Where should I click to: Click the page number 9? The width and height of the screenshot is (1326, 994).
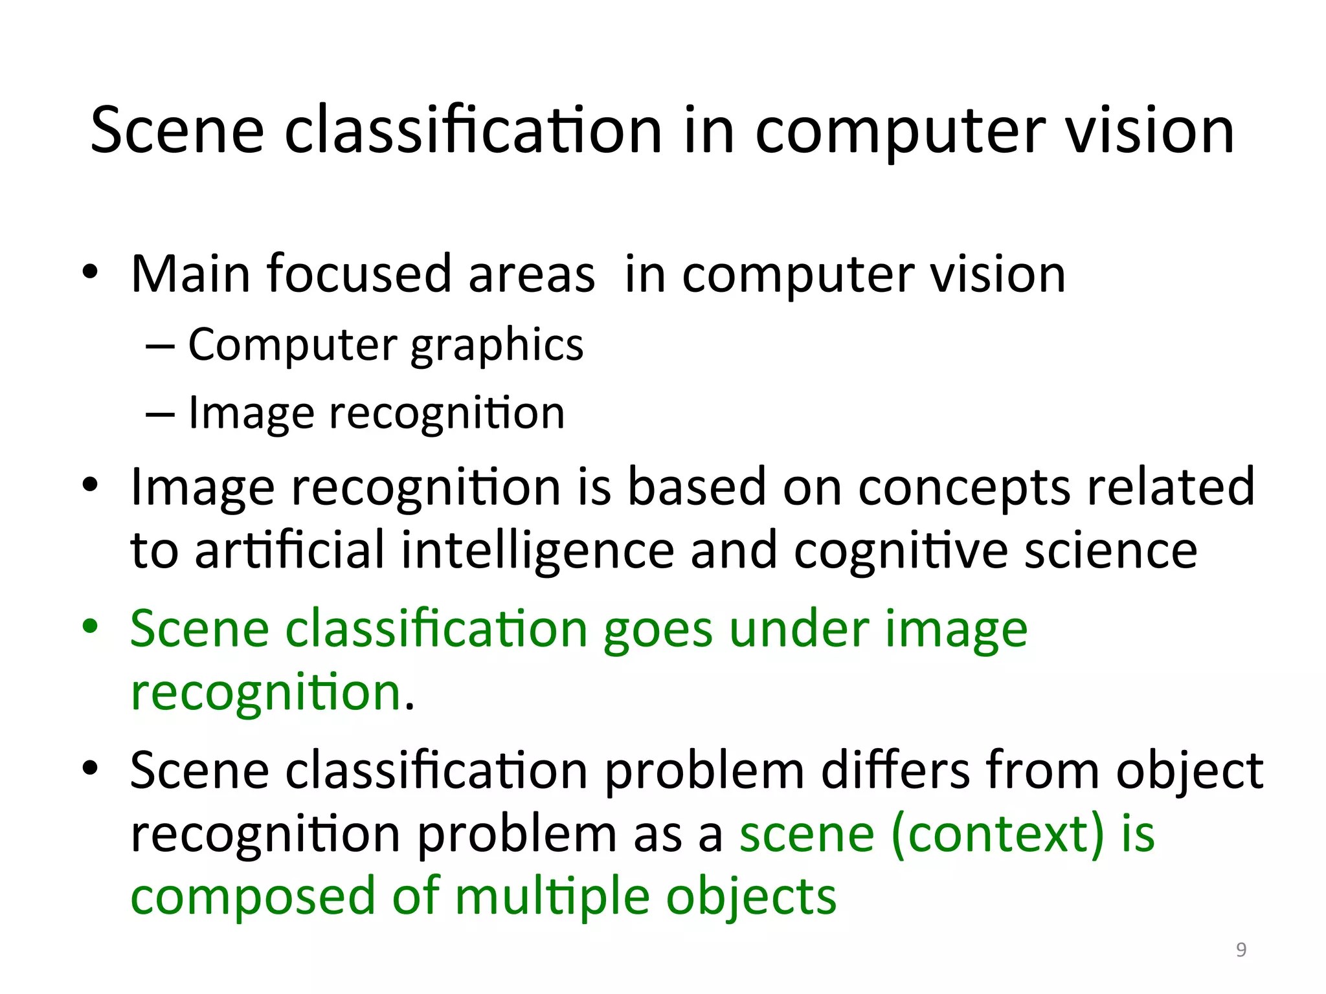(x=1241, y=949)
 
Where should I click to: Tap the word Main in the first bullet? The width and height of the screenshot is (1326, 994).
(x=190, y=274)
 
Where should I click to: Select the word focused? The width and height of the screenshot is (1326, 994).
(x=359, y=274)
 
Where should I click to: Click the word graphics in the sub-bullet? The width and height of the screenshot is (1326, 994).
(x=497, y=346)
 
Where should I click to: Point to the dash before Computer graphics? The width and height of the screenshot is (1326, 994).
(x=160, y=346)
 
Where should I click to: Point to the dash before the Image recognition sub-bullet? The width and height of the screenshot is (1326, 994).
(x=160, y=414)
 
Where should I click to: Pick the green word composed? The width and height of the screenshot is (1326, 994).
(x=253, y=898)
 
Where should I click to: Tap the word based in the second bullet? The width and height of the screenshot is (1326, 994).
(x=697, y=487)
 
